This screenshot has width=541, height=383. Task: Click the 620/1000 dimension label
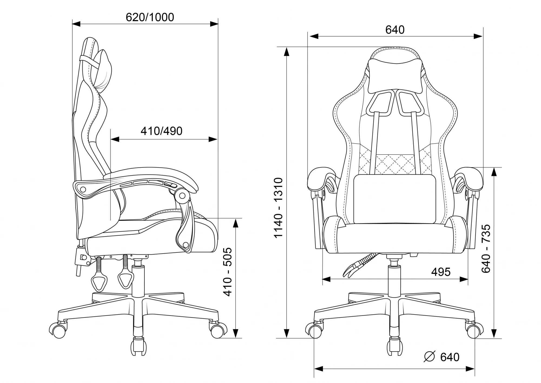click(x=150, y=17)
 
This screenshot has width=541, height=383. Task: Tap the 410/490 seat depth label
click(x=161, y=131)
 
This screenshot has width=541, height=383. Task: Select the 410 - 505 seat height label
click(x=227, y=272)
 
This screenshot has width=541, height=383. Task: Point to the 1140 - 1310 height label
click(x=278, y=208)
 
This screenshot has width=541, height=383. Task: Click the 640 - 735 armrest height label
click(x=486, y=248)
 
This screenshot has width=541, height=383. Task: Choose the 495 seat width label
click(x=441, y=272)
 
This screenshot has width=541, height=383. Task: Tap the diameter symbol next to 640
click(x=430, y=357)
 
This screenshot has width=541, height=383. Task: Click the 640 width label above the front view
click(x=395, y=30)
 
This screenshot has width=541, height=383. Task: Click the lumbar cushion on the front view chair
click(x=395, y=199)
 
